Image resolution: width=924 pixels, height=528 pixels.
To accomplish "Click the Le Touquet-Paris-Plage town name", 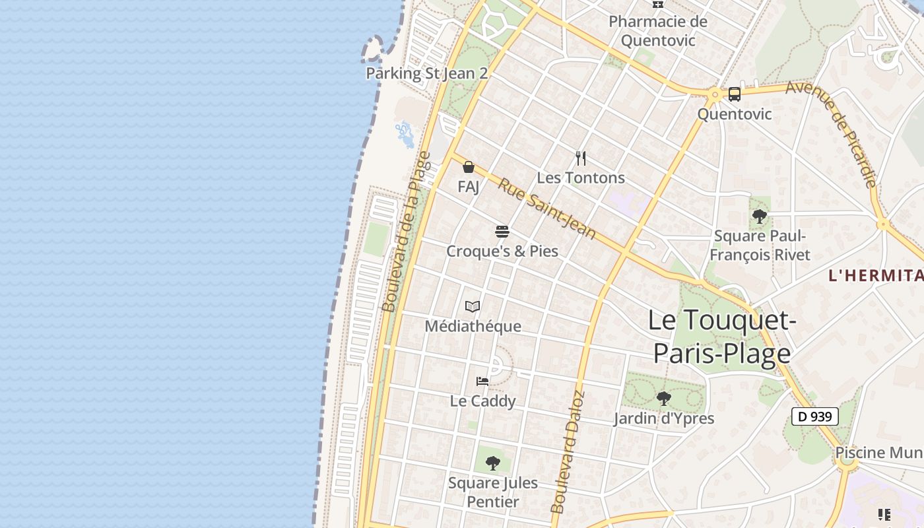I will tap(722, 337).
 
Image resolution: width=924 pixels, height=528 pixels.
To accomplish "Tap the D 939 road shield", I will tap(814, 416).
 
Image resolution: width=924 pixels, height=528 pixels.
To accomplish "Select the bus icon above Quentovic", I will tap(735, 94).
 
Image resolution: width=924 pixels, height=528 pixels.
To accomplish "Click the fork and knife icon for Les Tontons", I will tap(581, 158).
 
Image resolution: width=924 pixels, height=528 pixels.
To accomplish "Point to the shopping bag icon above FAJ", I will tap(469, 167).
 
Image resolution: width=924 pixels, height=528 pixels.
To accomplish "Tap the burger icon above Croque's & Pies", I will tap(502, 232).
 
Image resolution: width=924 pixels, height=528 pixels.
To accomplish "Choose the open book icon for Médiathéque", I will tap(473, 306).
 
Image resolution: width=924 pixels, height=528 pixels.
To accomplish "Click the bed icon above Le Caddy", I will tap(482, 381).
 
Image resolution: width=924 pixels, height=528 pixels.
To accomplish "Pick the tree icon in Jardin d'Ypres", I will tap(664, 399).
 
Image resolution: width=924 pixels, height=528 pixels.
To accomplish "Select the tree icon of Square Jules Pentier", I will tap(492, 463).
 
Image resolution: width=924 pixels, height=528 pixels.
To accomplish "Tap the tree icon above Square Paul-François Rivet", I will tap(760, 216).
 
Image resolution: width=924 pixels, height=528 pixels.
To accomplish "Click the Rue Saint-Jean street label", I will tap(546, 209).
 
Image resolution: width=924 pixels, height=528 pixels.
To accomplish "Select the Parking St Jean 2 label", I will tap(427, 73).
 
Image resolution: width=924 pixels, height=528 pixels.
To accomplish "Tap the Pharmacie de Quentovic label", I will tap(657, 31).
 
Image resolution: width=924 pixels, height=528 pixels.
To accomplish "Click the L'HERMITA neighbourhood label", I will tap(876, 276).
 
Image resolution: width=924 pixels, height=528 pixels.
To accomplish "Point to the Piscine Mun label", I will tap(879, 453).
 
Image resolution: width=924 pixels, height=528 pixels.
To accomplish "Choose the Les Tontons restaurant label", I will tap(581, 178).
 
